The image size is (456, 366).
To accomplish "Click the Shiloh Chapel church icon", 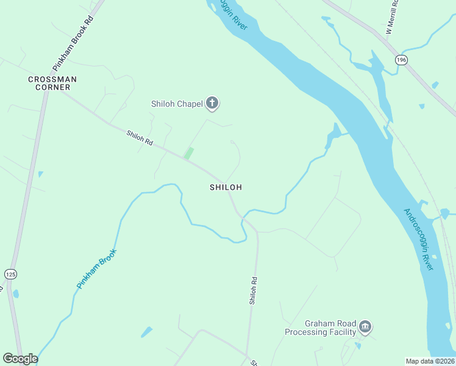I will (x=212, y=103).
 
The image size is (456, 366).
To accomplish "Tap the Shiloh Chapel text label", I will (x=177, y=104).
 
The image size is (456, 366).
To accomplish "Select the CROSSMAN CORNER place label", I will (x=52, y=83).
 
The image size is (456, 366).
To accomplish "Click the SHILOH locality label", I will (x=226, y=187).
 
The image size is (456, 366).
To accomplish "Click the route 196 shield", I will (x=401, y=60).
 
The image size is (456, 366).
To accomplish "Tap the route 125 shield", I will (x=10, y=274).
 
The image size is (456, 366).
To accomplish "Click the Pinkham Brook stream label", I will (x=96, y=268).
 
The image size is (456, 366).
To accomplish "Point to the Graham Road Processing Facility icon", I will (x=365, y=326).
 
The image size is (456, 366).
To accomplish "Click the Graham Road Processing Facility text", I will (x=321, y=328).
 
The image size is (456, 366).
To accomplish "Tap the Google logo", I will (x=20, y=359).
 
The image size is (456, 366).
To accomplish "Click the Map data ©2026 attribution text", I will (x=430, y=361).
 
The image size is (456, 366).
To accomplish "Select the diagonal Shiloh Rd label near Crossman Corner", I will (x=139, y=136).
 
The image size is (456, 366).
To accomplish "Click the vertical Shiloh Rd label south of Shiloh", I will (x=252, y=290).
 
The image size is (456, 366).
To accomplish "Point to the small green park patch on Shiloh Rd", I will (x=189, y=153).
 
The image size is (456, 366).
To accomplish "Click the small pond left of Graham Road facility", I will (x=146, y=332).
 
